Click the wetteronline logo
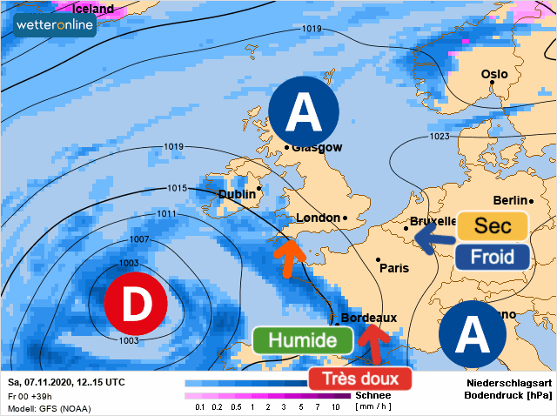pos(55,26)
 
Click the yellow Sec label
pos(493,226)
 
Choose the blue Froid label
pos(493,257)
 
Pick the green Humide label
pos(302,339)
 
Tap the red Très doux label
pos(360,379)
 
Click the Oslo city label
pos(494,74)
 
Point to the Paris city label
pos(394,268)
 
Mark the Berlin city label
pos(511,201)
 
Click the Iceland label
pos(93,9)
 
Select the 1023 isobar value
pos(440,137)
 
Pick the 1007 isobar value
pos(138,238)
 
